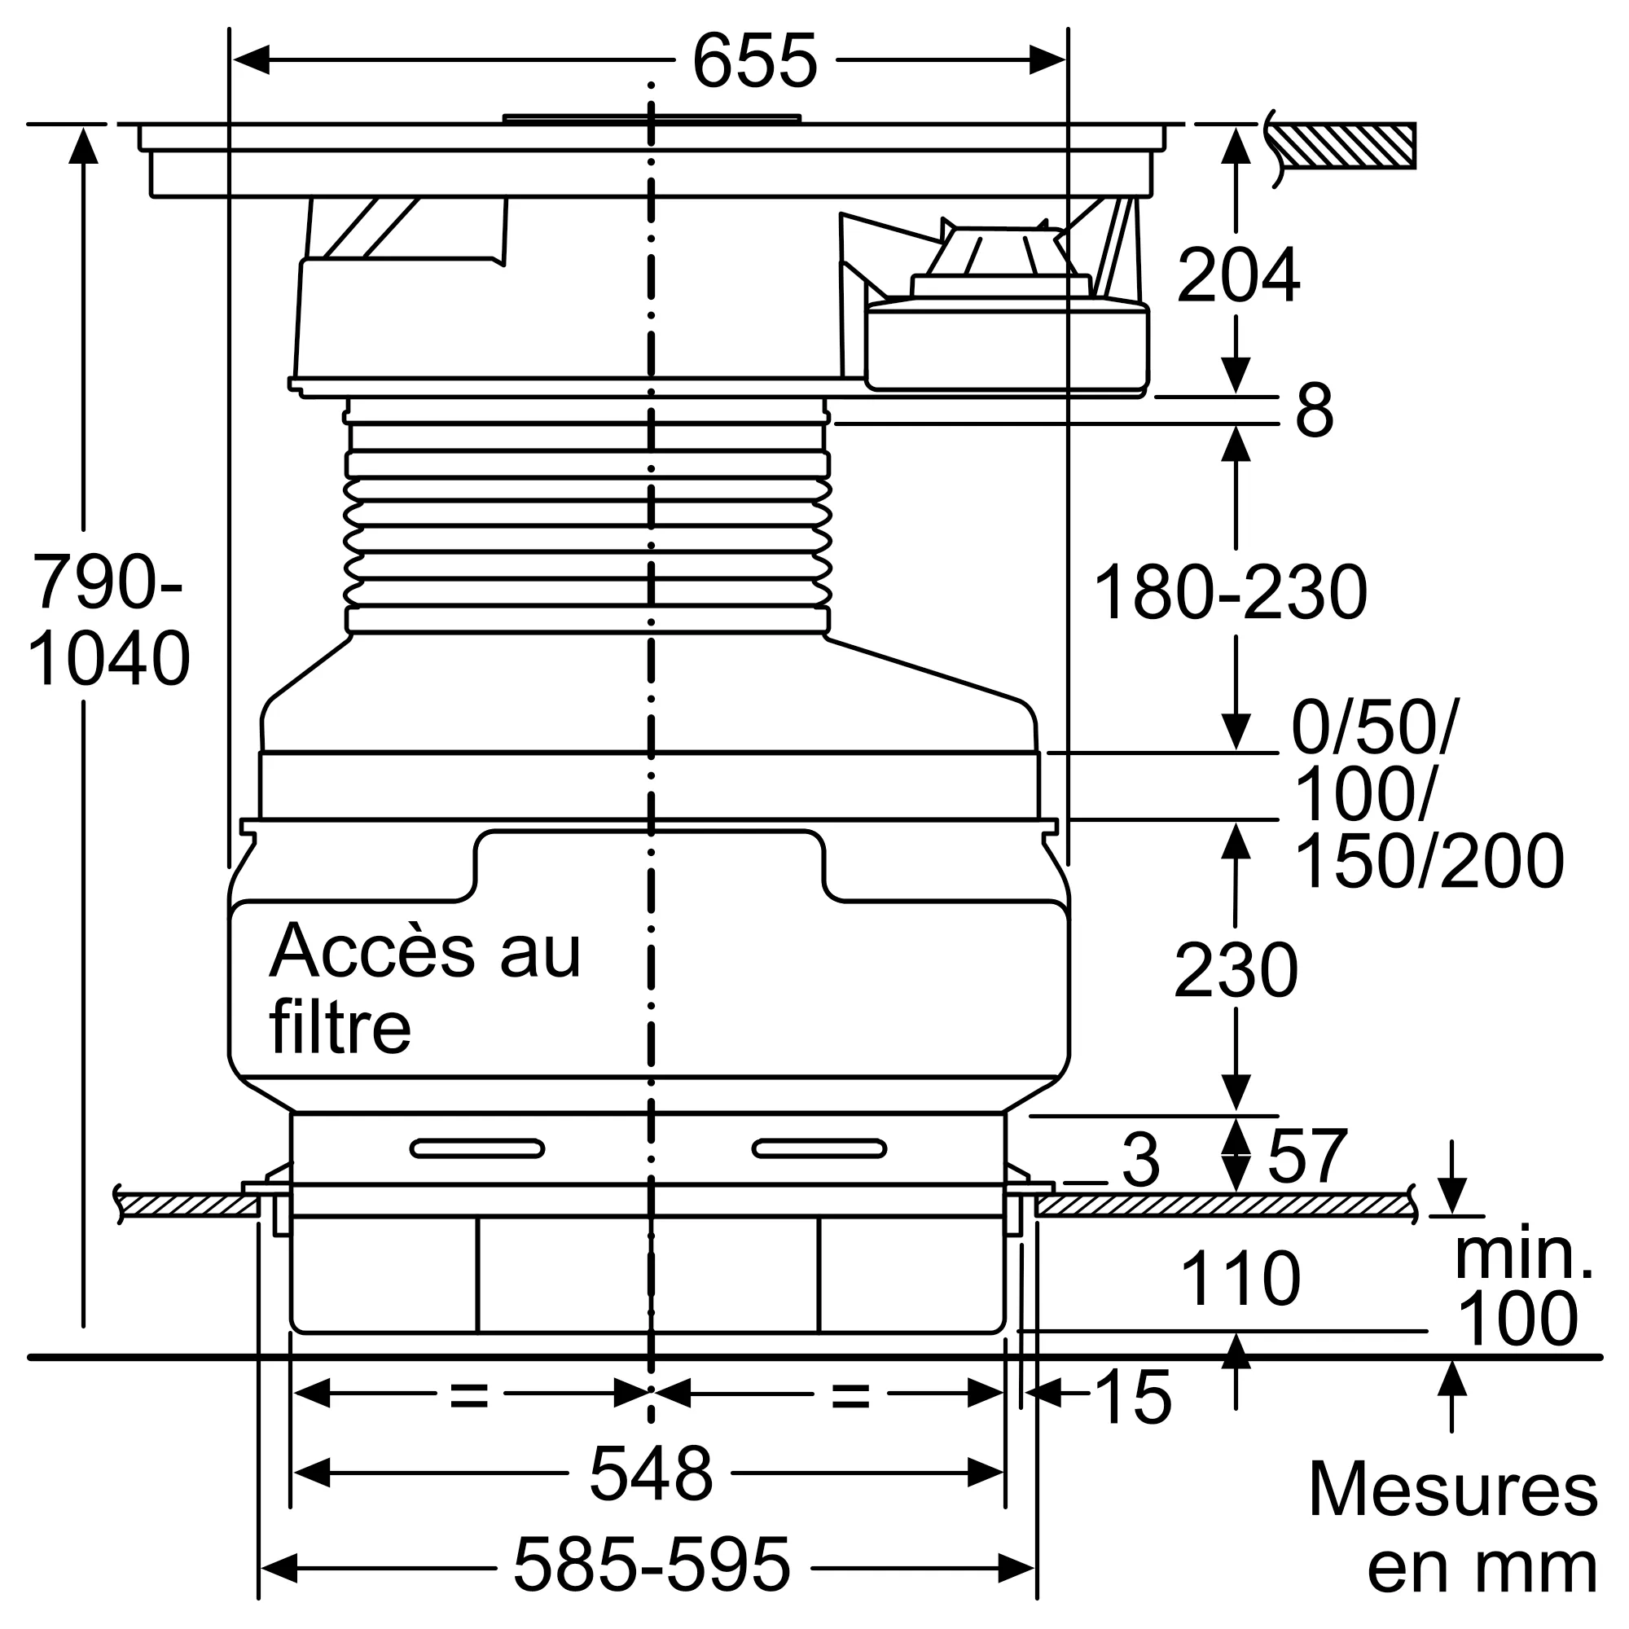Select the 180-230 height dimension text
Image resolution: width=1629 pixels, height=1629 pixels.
point(1228,593)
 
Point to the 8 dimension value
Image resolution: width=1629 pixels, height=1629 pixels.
point(1314,411)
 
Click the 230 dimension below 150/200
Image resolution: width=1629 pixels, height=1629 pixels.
point(1236,972)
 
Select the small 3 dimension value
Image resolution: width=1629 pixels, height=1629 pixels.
point(1141,1161)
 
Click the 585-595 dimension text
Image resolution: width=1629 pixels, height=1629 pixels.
point(652,1564)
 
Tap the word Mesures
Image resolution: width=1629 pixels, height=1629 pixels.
point(1452,1491)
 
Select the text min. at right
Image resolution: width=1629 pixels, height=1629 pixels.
point(1523,1255)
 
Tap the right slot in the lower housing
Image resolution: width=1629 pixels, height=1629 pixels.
point(819,1148)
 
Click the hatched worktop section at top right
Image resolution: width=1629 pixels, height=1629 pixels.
point(1344,145)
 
